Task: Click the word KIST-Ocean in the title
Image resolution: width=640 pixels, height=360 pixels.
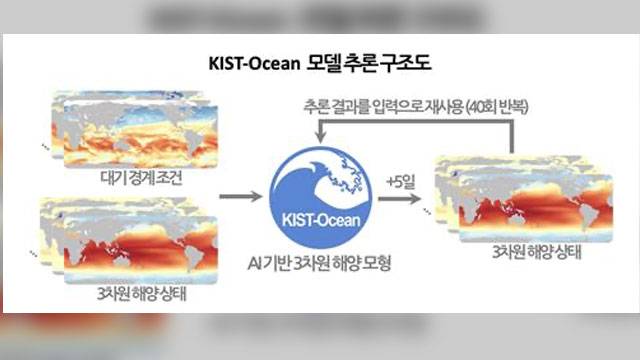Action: [254, 63]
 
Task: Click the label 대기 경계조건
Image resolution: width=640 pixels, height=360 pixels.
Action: [141, 178]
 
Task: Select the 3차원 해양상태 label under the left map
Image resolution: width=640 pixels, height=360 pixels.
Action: [141, 294]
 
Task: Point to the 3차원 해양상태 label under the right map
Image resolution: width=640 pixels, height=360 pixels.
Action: [536, 253]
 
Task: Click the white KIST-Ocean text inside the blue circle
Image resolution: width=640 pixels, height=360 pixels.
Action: [321, 220]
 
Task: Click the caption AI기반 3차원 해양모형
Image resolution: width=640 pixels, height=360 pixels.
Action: [319, 263]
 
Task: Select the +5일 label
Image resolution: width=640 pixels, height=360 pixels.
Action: [400, 182]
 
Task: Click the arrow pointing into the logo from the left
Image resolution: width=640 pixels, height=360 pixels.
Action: [241, 196]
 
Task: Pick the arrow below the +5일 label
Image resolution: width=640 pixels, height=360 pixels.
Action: [399, 199]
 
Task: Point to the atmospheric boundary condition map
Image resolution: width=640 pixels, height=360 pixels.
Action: [140, 136]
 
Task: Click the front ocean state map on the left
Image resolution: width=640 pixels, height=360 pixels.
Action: [140, 250]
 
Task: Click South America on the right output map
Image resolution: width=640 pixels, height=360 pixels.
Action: [588, 217]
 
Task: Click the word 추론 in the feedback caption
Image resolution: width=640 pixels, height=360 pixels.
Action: [317, 107]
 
